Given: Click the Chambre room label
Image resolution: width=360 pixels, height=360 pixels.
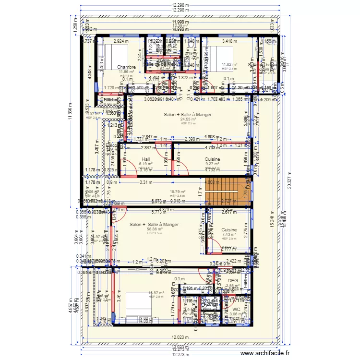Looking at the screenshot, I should point(126,67).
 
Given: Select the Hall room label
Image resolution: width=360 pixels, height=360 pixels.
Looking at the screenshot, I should point(146,159).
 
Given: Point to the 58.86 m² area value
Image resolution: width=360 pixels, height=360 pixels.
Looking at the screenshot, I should point(154,229).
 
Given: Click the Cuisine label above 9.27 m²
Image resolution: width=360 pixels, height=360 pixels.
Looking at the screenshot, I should point(212,159).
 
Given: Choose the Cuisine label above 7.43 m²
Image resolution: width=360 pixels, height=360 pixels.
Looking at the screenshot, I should point(229,230).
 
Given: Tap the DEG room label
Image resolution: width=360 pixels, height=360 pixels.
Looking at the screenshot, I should point(233,280).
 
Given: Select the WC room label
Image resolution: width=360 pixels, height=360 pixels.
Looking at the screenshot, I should point(236,310).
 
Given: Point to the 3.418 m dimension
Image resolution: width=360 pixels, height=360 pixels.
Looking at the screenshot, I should point(229,41).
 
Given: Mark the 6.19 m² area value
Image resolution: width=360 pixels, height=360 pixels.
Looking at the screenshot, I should point(146,164).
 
